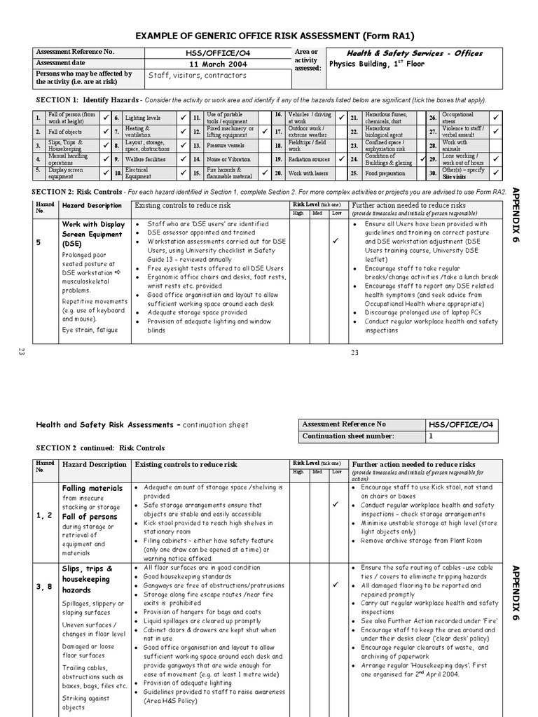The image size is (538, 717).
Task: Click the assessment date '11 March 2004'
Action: click(219, 64)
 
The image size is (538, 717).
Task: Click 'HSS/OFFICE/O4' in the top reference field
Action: click(218, 53)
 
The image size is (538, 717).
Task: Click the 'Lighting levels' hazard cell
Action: click(143, 118)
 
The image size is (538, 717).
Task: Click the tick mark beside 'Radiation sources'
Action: click(342, 159)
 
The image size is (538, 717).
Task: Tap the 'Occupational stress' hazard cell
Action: click(457, 118)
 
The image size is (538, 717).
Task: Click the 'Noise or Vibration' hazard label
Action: click(228, 159)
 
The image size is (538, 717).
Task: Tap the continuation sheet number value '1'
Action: click(432, 436)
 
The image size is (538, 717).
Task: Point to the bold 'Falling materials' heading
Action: click(92, 487)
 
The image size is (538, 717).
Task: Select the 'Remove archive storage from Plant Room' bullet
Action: click(422, 541)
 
